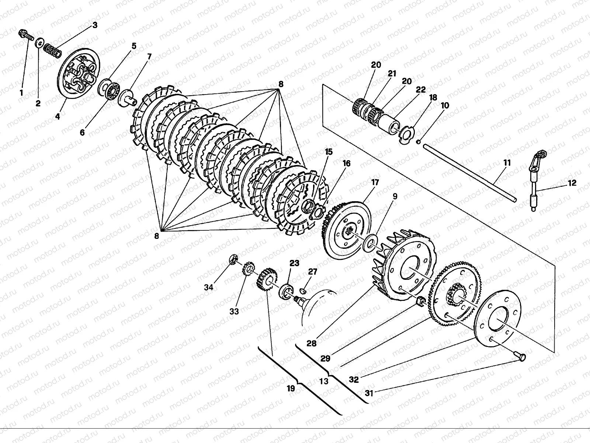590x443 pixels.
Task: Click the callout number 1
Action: pos(21,93)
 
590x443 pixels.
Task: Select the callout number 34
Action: pos(209,288)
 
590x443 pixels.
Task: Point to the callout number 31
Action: pos(369,394)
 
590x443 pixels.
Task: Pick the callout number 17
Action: pos(375,182)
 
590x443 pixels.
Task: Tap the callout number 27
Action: pos(312,272)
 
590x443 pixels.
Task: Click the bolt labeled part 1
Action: pos(25,35)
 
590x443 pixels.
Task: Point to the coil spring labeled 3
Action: pos(52,51)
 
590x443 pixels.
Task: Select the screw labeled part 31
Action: pos(520,356)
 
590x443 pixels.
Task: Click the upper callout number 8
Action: pos(281,84)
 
